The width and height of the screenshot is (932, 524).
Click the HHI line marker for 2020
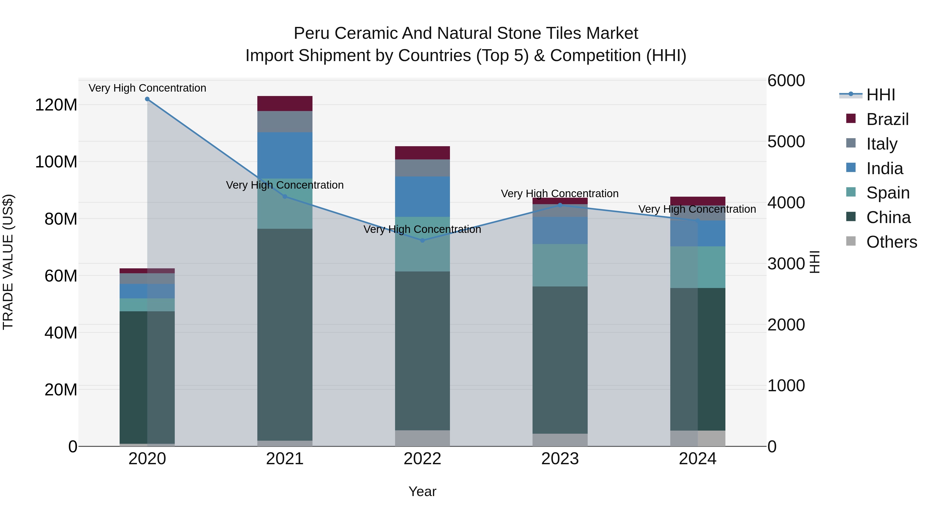(147, 99)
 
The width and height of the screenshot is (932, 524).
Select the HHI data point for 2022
(422, 240)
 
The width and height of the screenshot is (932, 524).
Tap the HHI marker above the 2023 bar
(560, 205)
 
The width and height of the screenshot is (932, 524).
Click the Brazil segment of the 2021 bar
(285, 104)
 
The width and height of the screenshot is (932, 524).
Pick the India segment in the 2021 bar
(285, 156)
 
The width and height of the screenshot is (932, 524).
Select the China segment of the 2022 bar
(422, 351)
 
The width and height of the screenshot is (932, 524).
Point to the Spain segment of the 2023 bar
(560, 265)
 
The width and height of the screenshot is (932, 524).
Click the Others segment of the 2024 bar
(697, 438)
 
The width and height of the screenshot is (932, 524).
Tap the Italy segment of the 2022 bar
(422, 168)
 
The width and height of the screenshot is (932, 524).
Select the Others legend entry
(891, 242)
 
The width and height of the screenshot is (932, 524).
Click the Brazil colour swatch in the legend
(851, 119)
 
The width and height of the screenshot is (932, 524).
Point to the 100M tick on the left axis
(56, 162)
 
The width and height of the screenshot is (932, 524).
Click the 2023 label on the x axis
(560, 459)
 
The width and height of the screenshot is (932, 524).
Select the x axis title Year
(422, 491)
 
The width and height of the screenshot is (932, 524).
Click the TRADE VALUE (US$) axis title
(8, 262)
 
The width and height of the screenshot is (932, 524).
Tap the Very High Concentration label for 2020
(147, 88)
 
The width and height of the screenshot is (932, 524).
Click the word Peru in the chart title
(311, 33)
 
